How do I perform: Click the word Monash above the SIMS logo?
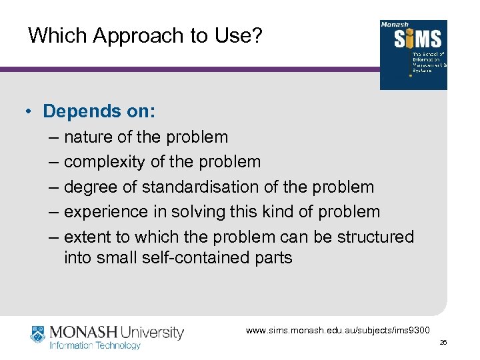394,25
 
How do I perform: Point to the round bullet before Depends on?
31,111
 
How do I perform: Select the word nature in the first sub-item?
88,137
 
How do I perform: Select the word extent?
88,237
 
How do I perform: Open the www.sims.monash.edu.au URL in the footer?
338,330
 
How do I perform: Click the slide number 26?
443,343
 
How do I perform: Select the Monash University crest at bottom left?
38,335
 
